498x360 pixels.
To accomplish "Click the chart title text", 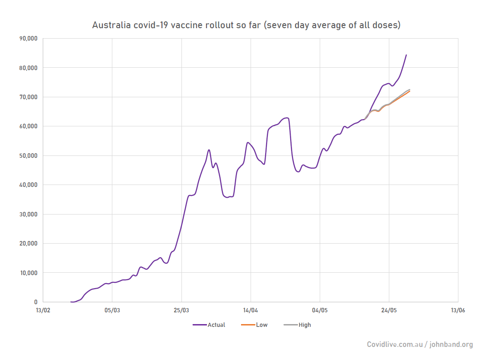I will click(246, 25).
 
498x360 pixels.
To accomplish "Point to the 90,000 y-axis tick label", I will click(28, 39).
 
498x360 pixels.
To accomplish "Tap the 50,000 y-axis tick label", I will click(28, 155).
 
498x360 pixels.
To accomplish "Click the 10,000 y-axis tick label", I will click(28, 273).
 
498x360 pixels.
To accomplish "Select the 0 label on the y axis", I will click(36, 302).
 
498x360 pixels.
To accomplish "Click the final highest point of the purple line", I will click(406, 55).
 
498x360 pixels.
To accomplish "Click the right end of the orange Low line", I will click(410, 91).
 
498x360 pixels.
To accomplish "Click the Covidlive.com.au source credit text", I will click(395, 345).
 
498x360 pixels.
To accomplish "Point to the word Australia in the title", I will click(110, 25).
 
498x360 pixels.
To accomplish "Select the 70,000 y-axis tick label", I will click(28, 97).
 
